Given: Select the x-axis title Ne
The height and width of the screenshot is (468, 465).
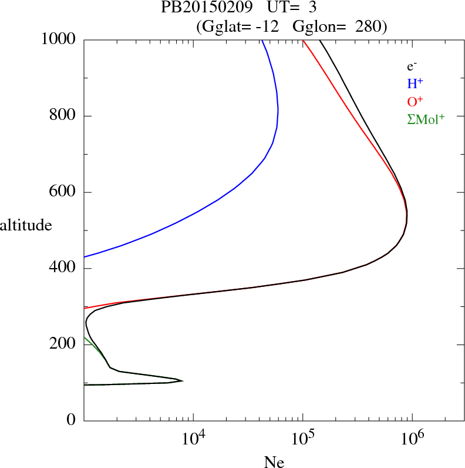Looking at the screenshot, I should click(x=274, y=462).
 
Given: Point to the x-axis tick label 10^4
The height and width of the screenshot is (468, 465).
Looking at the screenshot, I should click(x=194, y=439).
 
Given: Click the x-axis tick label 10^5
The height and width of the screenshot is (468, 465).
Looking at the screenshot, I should click(x=304, y=439).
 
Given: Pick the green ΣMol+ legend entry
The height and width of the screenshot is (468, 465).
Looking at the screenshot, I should click(x=426, y=119).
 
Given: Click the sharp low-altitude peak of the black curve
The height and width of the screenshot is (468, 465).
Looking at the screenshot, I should click(x=182, y=381).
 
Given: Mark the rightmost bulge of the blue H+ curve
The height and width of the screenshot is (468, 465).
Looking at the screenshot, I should click(x=278, y=110).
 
